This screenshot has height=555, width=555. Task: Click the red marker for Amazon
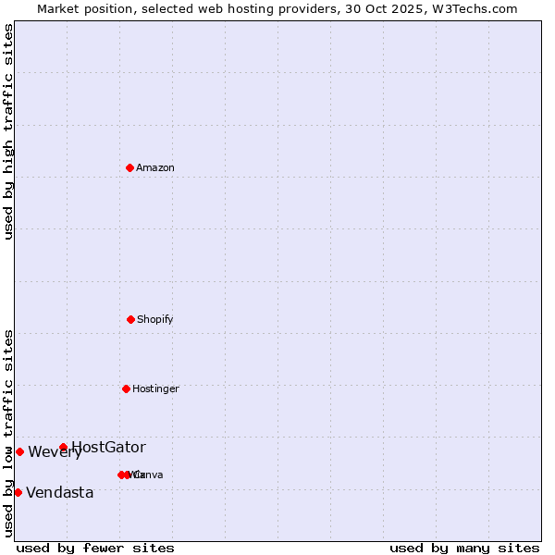click(x=129, y=167)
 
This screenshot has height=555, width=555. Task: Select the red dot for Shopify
click(x=130, y=319)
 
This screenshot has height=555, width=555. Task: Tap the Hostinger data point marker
click(x=126, y=388)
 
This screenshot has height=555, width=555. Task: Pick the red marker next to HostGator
click(x=63, y=448)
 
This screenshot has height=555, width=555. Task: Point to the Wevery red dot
click(x=19, y=451)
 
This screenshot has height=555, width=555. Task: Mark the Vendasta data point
click(x=18, y=492)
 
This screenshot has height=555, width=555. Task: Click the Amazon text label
click(x=155, y=167)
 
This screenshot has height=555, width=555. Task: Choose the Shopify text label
click(x=155, y=319)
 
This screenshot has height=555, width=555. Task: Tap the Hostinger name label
click(x=155, y=388)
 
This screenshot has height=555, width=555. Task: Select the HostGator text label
click(x=108, y=448)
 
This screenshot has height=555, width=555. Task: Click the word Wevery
click(x=55, y=452)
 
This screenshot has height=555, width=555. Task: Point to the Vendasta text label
click(x=60, y=493)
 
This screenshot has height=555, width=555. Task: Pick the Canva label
click(x=148, y=475)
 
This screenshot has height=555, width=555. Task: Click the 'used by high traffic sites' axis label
click(x=9, y=131)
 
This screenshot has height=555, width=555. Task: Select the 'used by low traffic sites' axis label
click(x=9, y=432)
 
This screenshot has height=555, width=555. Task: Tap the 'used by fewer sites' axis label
click(x=95, y=548)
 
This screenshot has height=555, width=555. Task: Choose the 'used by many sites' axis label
click(x=464, y=548)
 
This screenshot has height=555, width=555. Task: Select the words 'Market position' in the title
click(x=85, y=8)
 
